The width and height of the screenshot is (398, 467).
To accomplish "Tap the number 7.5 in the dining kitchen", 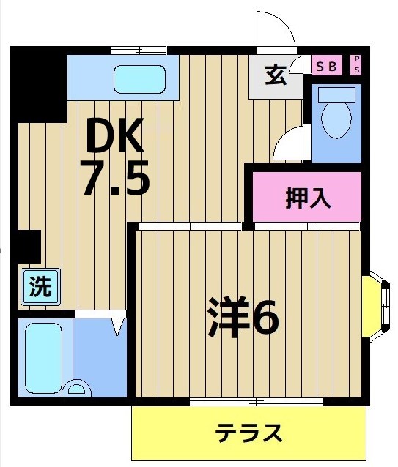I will pyautogui.click(x=116, y=178).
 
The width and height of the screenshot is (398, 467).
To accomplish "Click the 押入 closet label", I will pyautogui.click(x=308, y=197).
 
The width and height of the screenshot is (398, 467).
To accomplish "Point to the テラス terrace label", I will pyautogui.click(x=248, y=433).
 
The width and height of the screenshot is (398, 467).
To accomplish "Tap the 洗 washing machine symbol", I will pyautogui.click(x=40, y=286).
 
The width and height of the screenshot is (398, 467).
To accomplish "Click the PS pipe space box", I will pyautogui.click(x=356, y=64).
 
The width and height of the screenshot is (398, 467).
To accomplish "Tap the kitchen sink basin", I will pyautogui.click(x=139, y=78).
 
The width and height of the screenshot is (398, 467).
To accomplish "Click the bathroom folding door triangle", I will pyautogui.click(x=117, y=326).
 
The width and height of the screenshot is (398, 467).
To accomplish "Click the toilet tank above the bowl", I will pyautogui.click(x=336, y=94).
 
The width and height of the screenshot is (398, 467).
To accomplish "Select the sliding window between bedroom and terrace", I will pyautogui.click(x=257, y=402).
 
